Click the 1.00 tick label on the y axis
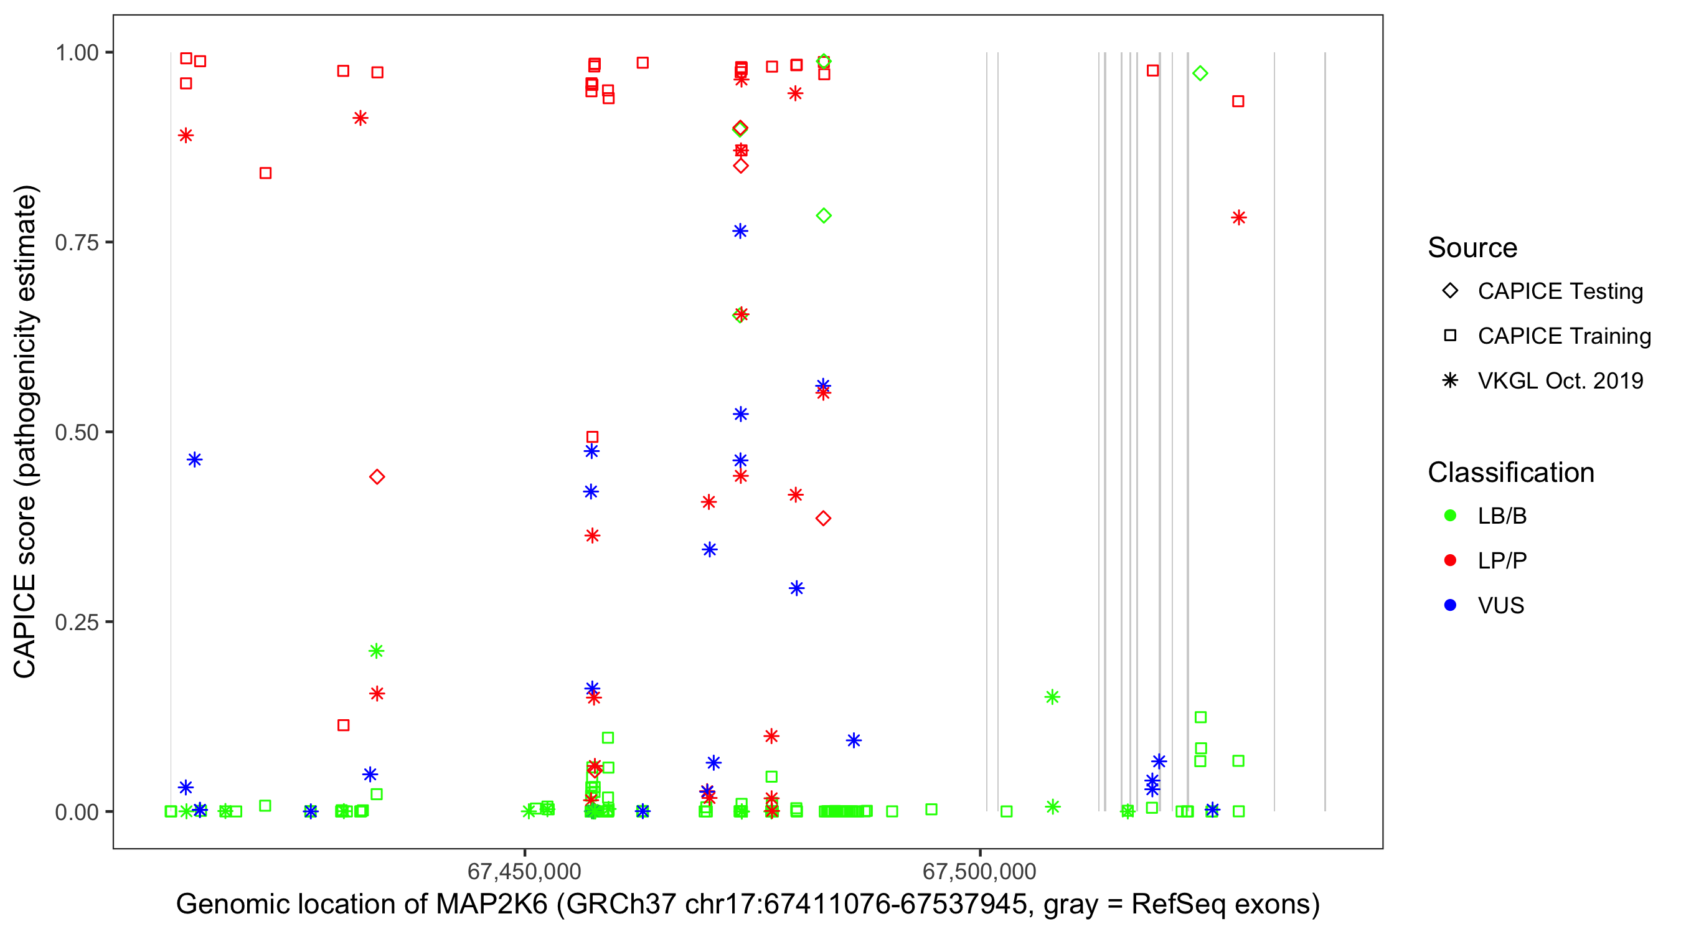77,53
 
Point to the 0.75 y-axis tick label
77,243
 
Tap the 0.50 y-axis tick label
77,432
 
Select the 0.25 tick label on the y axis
77,622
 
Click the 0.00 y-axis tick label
77,812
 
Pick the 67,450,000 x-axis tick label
524,871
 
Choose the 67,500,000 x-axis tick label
979,871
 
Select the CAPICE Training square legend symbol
1450,336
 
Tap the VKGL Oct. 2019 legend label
1560,381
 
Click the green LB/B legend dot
1450,516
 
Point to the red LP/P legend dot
1450,560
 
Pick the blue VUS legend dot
1450,606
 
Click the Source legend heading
1472,248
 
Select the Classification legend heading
1510,473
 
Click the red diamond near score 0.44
377,477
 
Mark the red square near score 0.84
266,173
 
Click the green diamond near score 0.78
824,215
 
